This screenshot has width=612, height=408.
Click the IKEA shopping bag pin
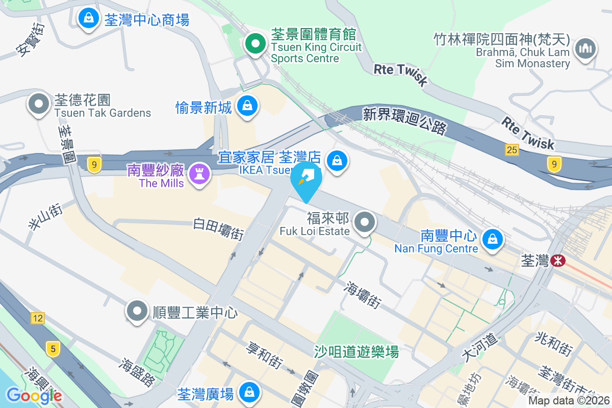click(337, 161)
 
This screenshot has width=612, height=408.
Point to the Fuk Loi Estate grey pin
click(365, 222)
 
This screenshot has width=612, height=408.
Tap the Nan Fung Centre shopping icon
click(493, 239)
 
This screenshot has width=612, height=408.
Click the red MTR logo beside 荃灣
click(558, 261)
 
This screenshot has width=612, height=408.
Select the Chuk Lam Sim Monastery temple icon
click(585, 48)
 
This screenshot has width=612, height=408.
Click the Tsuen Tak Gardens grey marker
click(38, 104)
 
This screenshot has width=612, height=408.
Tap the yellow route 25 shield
click(512, 149)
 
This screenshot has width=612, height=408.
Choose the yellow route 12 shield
click(37, 319)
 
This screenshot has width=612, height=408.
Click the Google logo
click(34, 395)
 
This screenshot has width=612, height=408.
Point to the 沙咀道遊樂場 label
click(356, 351)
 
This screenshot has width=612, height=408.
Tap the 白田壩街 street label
click(218, 229)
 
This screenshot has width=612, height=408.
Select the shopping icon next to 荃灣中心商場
click(89, 19)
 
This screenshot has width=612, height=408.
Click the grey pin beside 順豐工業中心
click(137, 310)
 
